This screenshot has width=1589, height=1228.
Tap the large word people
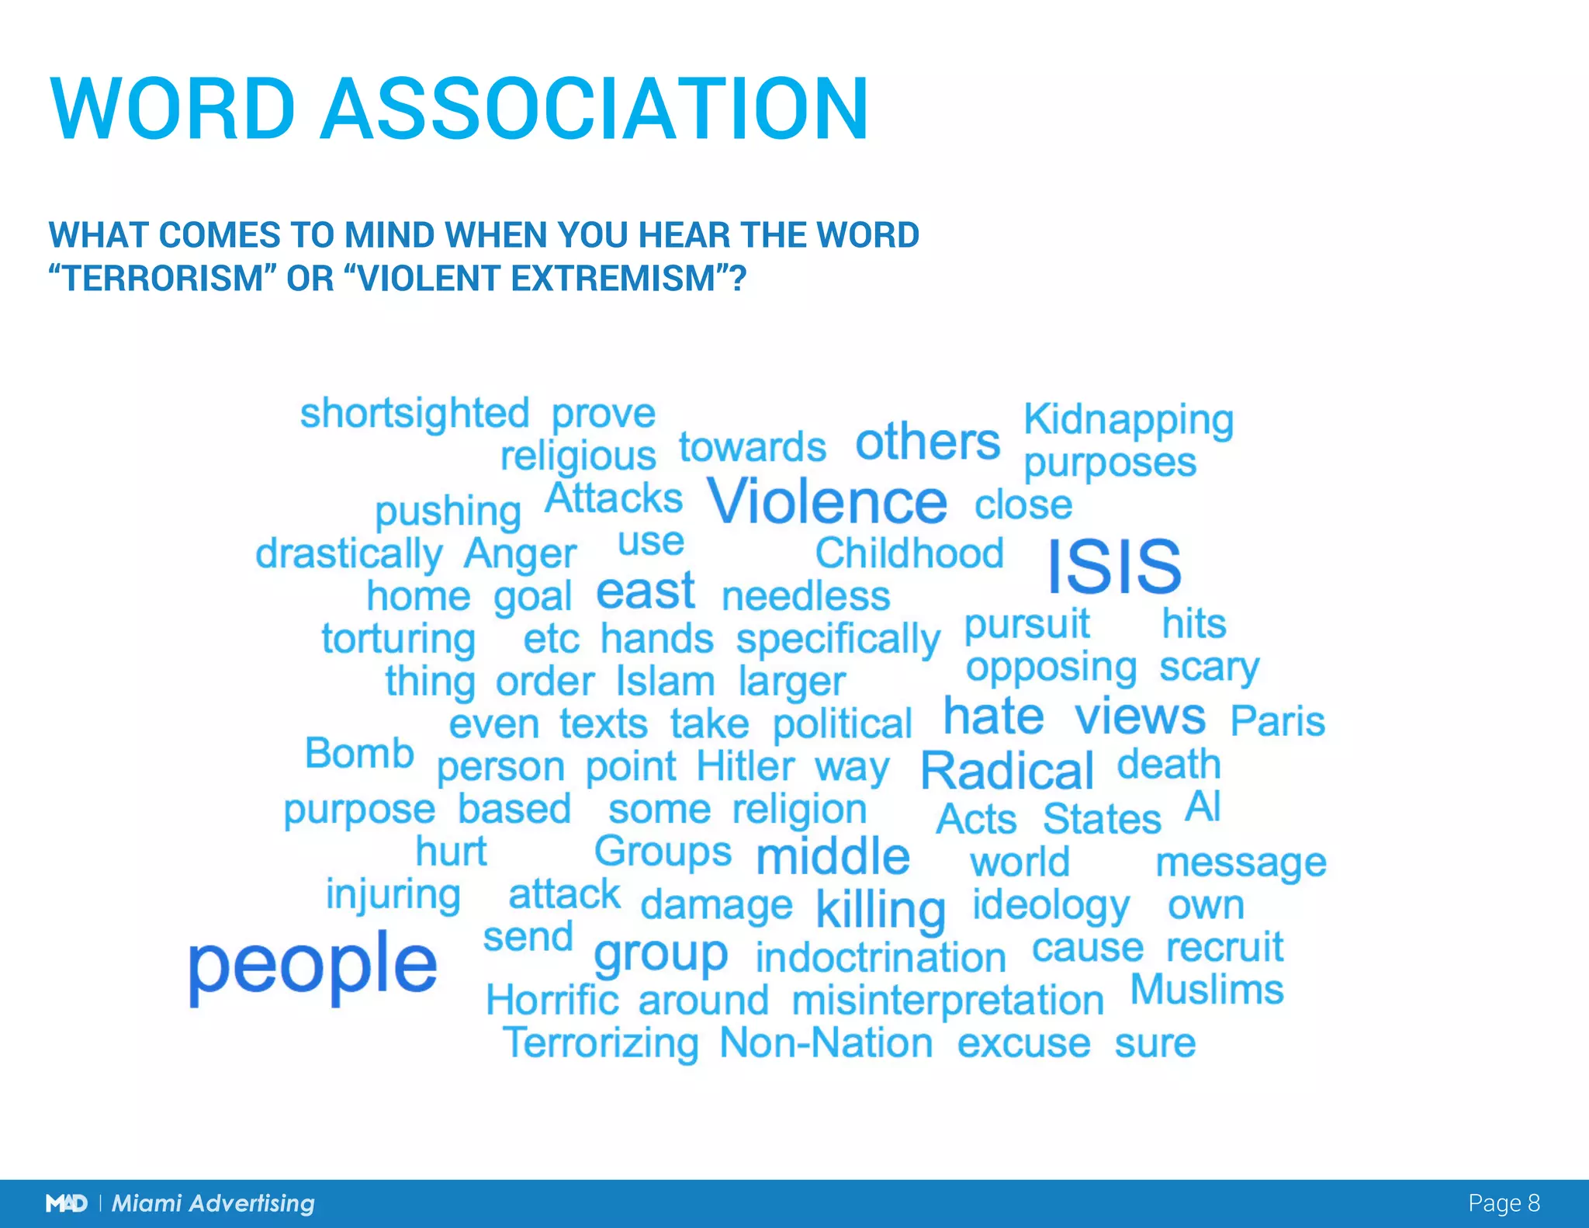point(313,966)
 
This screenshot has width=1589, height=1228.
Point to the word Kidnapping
point(1128,420)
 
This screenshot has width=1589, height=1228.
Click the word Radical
point(1007,771)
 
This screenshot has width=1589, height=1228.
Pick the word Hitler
point(745,766)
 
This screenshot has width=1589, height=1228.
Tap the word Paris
point(1278,721)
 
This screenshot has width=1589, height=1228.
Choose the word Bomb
point(359,753)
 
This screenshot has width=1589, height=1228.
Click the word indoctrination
point(881,957)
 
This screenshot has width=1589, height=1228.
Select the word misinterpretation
point(947,1000)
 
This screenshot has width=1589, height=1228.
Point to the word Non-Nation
point(826,1042)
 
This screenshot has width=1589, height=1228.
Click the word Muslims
point(1206,990)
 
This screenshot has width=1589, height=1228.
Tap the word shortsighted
point(414,414)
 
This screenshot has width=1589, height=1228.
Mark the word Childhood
point(909,553)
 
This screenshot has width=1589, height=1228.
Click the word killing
point(881,909)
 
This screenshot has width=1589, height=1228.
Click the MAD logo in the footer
point(66,1203)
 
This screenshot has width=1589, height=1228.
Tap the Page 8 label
point(1504,1203)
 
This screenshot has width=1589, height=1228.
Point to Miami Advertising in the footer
point(213,1203)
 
